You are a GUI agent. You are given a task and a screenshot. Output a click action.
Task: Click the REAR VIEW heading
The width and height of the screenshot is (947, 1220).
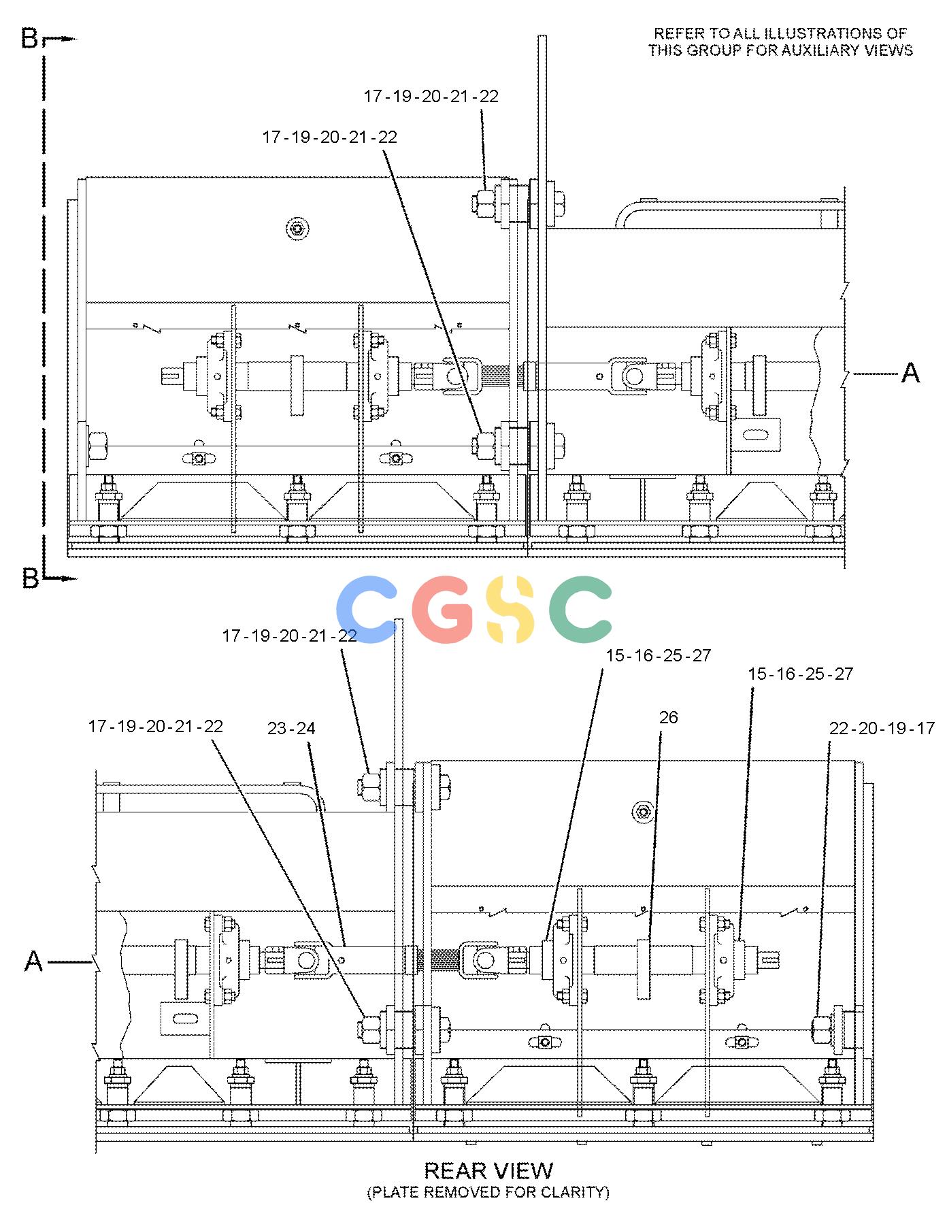point(488,1170)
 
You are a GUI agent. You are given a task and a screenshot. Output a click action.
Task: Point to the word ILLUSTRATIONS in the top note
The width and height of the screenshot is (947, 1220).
point(819,33)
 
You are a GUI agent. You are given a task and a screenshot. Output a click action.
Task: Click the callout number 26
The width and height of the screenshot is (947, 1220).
point(669,717)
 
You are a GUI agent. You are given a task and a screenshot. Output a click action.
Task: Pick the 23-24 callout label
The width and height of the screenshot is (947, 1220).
point(291,729)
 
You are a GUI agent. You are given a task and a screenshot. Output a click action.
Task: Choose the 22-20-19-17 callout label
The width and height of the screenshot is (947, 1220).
point(882,728)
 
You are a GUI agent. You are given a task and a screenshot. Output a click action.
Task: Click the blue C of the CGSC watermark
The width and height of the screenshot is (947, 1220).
point(367,610)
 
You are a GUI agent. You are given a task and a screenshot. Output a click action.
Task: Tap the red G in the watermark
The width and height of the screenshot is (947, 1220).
point(441,610)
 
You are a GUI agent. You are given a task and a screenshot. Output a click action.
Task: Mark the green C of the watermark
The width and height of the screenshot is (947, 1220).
point(580,610)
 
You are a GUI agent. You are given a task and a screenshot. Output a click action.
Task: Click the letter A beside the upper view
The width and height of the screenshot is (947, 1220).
point(910,373)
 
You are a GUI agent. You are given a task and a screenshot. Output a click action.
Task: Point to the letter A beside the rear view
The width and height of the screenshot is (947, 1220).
point(34,962)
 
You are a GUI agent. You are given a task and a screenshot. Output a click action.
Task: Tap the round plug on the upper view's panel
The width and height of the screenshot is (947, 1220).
point(297,229)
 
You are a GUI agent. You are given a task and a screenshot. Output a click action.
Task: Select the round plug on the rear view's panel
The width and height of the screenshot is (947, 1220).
point(643,811)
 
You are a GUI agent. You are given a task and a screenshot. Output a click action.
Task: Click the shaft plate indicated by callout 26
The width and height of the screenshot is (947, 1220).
point(644,969)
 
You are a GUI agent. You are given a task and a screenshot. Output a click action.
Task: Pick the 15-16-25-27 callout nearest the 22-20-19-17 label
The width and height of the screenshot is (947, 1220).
point(801,674)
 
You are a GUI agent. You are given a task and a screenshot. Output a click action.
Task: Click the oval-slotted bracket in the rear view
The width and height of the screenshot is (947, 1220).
point(186,1018)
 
